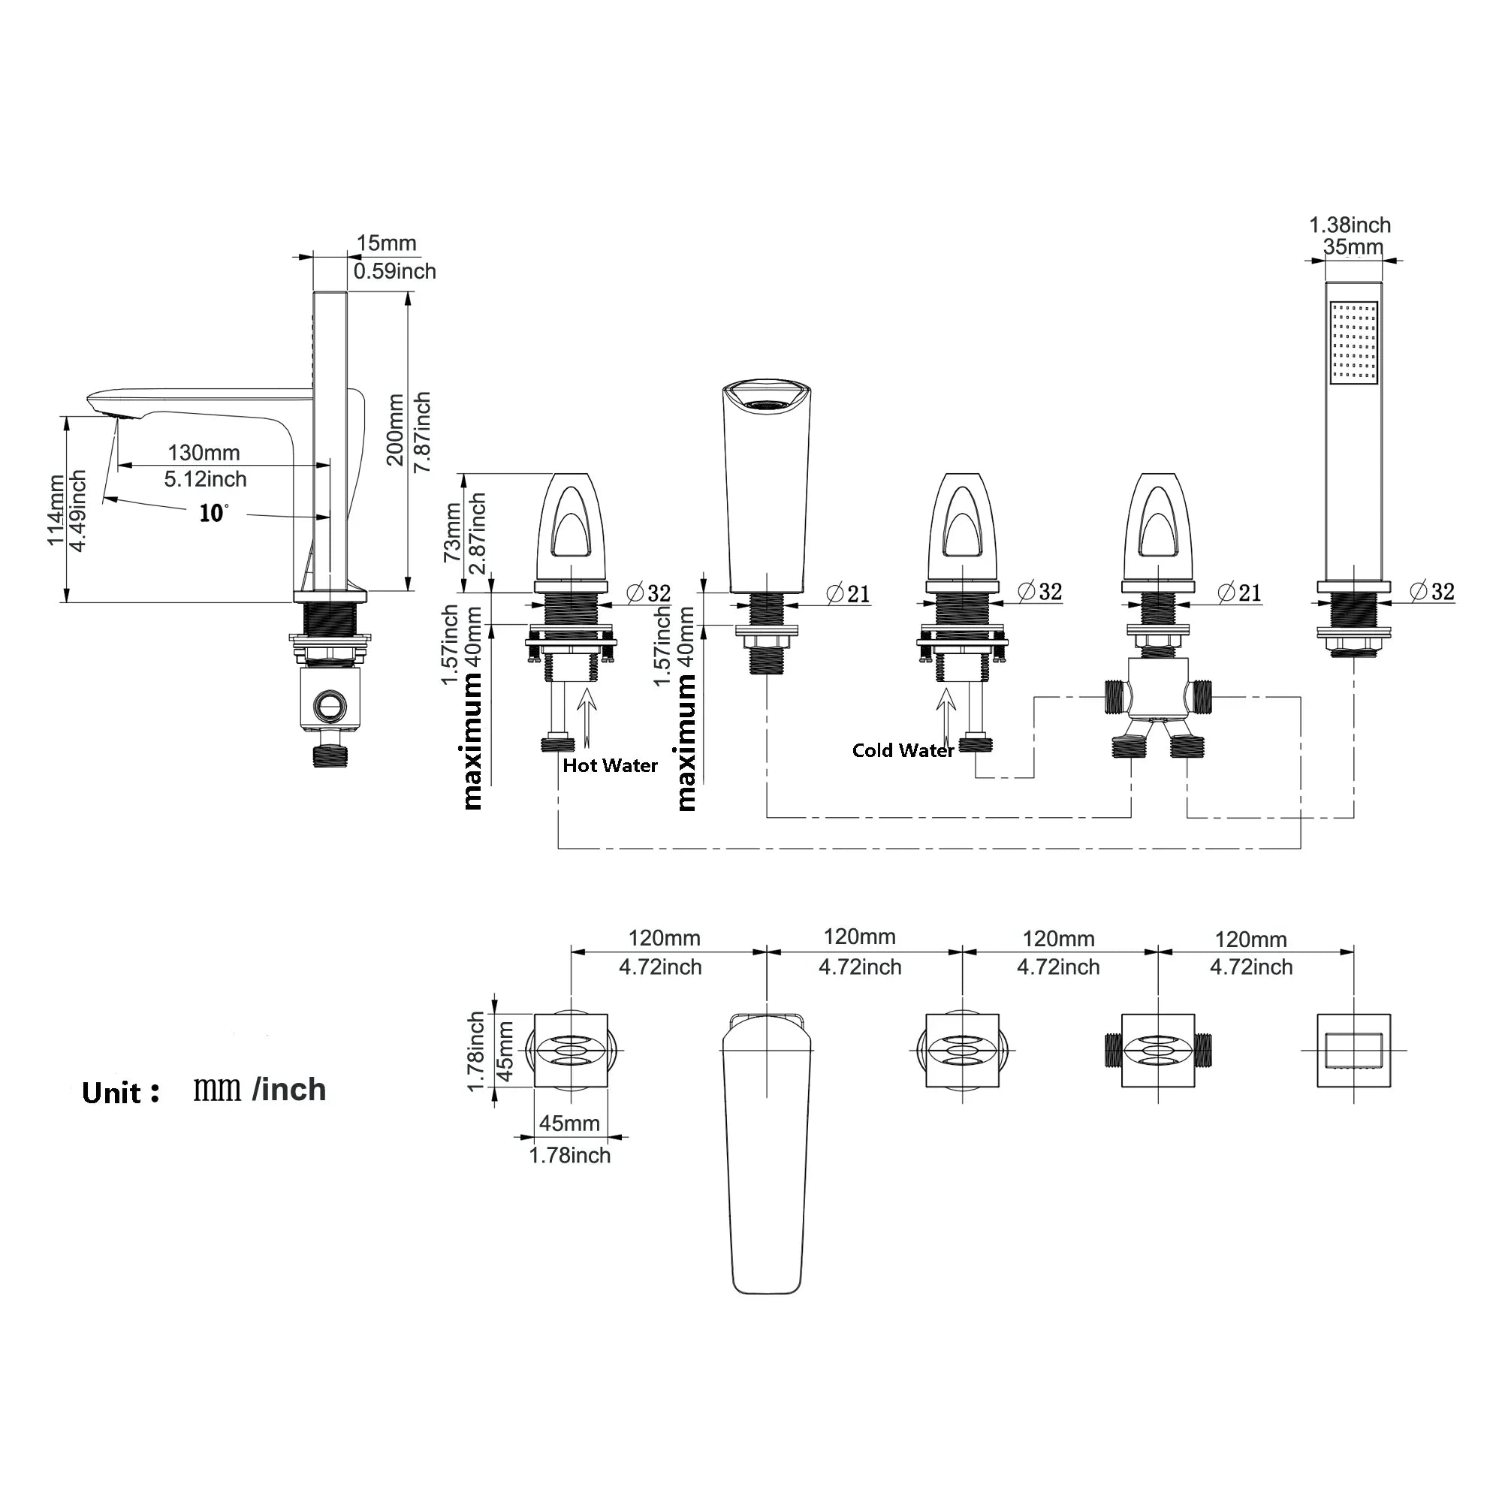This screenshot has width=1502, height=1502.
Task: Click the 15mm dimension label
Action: (x=386, y=243)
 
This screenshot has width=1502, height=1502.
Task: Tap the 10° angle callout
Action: (x=213, y=513)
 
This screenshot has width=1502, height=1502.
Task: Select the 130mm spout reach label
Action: (x=204, y=452)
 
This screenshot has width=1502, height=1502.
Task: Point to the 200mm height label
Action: (x=396, y=429)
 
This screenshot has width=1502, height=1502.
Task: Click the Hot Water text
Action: (x=610, y=766)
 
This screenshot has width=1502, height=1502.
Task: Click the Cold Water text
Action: (x=903, y=750)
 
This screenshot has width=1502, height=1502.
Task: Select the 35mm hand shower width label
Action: (x=1353, y=247)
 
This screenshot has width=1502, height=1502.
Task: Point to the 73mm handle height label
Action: (x=451, y=532)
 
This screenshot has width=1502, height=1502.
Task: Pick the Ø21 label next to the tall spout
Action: (x=848, y=594)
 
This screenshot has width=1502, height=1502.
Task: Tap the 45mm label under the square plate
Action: (x=569, y=1123)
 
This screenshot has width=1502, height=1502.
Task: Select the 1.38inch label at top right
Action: (x=1350, y=225)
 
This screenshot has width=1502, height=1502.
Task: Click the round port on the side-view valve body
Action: (x=328, y=705)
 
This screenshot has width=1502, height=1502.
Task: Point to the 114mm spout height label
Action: (x=56, y=509)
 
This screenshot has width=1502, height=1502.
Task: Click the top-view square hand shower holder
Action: (x=1353, y=1051)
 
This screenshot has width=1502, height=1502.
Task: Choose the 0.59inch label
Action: (x=394, y=271)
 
